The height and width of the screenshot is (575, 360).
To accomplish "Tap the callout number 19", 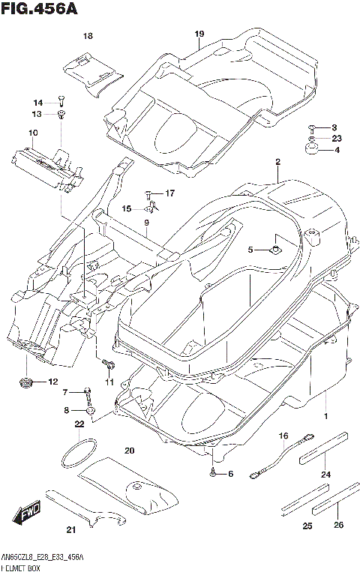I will [199, 34].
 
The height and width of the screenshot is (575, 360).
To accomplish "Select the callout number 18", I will [88, 36].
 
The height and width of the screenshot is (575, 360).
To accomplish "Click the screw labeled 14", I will [61, 101].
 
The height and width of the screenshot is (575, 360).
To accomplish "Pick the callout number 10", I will [33, 133].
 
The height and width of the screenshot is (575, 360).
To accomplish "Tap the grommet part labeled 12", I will [28, 383].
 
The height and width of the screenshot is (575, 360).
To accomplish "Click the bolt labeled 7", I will [89, 392].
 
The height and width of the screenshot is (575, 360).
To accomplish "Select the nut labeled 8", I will [89, 410].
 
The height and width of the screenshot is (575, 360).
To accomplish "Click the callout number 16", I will [283, 436].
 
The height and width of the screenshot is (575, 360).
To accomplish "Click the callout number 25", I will [307, 526].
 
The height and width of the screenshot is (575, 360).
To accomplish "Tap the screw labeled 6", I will [214, 473].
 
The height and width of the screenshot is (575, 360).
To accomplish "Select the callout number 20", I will [129, 450].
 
